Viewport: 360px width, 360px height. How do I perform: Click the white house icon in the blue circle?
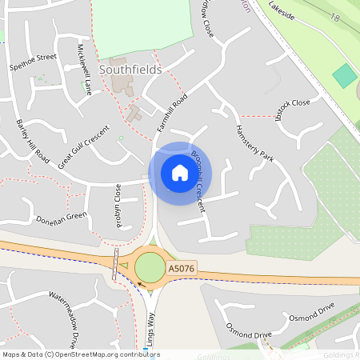(x=179, y=173)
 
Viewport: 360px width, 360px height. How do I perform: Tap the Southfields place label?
(x=130, y=70)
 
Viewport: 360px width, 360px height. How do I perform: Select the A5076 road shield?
(x=182, y=272)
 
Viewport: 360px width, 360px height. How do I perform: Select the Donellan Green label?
(x=61, y=217)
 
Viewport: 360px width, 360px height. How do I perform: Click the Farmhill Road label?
(x=172, y=113)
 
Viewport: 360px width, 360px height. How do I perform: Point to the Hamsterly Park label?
(x=254, y=144)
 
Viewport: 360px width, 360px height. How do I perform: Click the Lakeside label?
(x=281, y=10)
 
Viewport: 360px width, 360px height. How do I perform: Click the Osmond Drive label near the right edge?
(x=311, y=310)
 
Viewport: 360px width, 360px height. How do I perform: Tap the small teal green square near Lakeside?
(x=345, y=76)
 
